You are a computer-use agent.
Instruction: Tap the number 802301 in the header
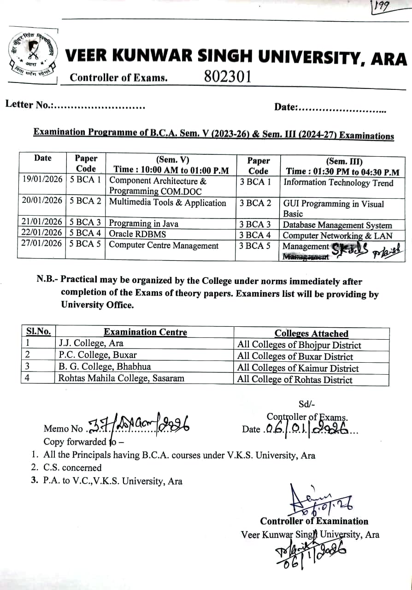coord(228,76)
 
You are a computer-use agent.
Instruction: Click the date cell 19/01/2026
coord(42,179)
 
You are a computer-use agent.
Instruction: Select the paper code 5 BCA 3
coord(85,223)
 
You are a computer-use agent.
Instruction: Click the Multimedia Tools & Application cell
coord(168,203)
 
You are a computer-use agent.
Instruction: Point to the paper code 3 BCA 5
coord(255,246)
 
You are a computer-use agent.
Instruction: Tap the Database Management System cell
coord(337,225)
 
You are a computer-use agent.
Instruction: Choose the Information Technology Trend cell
coord(338,183)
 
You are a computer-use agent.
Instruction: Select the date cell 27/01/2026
coord(42,243)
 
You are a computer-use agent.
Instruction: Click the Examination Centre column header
coord(145,332)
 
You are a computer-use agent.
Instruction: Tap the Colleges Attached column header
coord(311,333)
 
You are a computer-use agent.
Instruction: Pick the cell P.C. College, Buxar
coord(98,355)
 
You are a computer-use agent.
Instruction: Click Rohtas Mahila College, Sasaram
coord(121,378)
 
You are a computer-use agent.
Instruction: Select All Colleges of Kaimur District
coord(298,368)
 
